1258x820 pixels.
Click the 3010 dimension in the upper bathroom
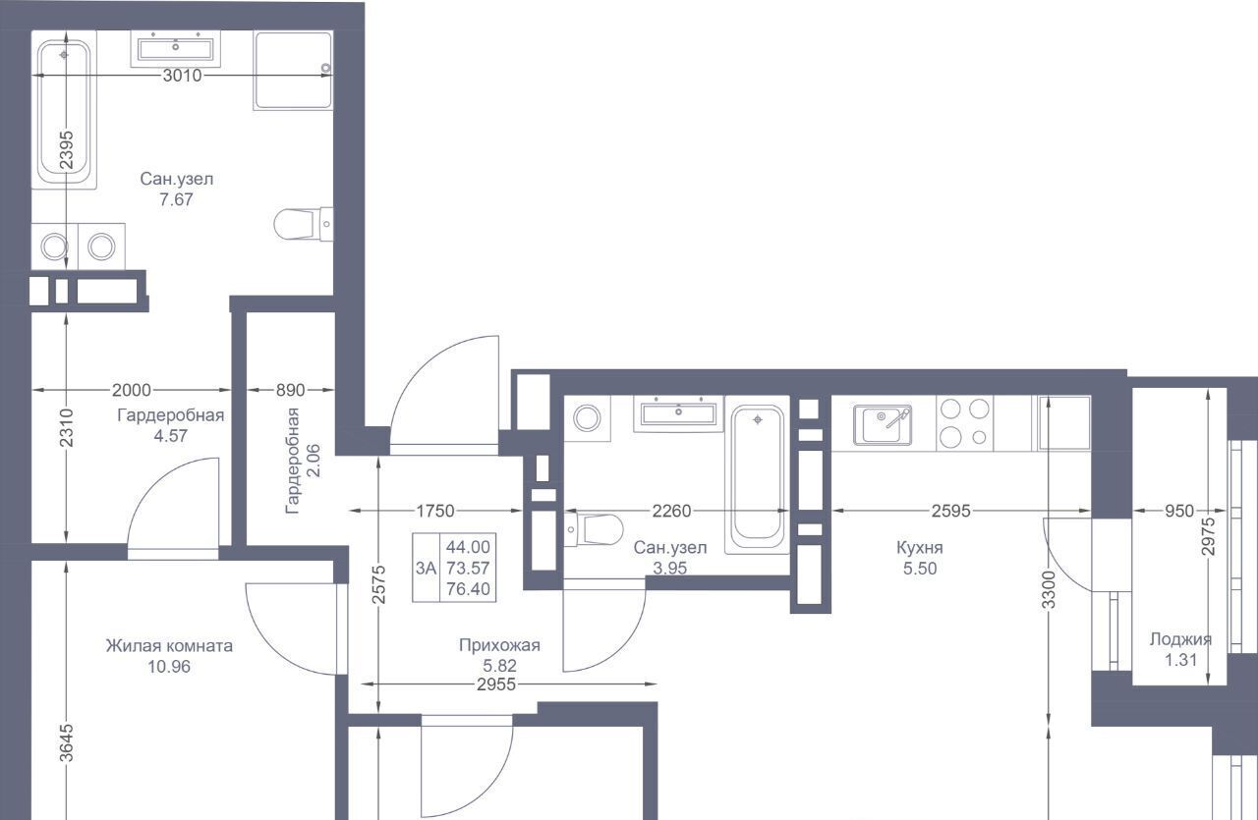click(x=182, y=76)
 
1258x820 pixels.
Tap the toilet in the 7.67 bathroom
click(x=304, y=225)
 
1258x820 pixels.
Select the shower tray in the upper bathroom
click(x=293, y=71)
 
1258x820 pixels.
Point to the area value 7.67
click(x=176, y=199)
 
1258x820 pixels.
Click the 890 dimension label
click(x=290, y=390)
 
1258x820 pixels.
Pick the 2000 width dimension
click(x=132, y=390)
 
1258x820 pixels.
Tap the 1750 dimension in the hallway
click(x=435, y=511)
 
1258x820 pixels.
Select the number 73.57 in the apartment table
click(x=468, y=568)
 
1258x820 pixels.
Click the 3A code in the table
click(x=426, y=568)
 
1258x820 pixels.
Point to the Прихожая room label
click(x=499, y=645)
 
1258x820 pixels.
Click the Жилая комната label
click(x=169, y=645)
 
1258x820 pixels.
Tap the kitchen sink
click(x=883, y=425)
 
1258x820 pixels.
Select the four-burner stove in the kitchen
click(x=964, y=423)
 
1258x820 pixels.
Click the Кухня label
click(x=919, y=547)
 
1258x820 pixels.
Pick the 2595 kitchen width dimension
click(x=950, y=511)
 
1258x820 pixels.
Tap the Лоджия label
click(x=1180, y=639)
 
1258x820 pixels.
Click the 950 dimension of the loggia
click(x=1179, y=511)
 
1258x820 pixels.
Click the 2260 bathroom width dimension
click(x=671, y=511)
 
